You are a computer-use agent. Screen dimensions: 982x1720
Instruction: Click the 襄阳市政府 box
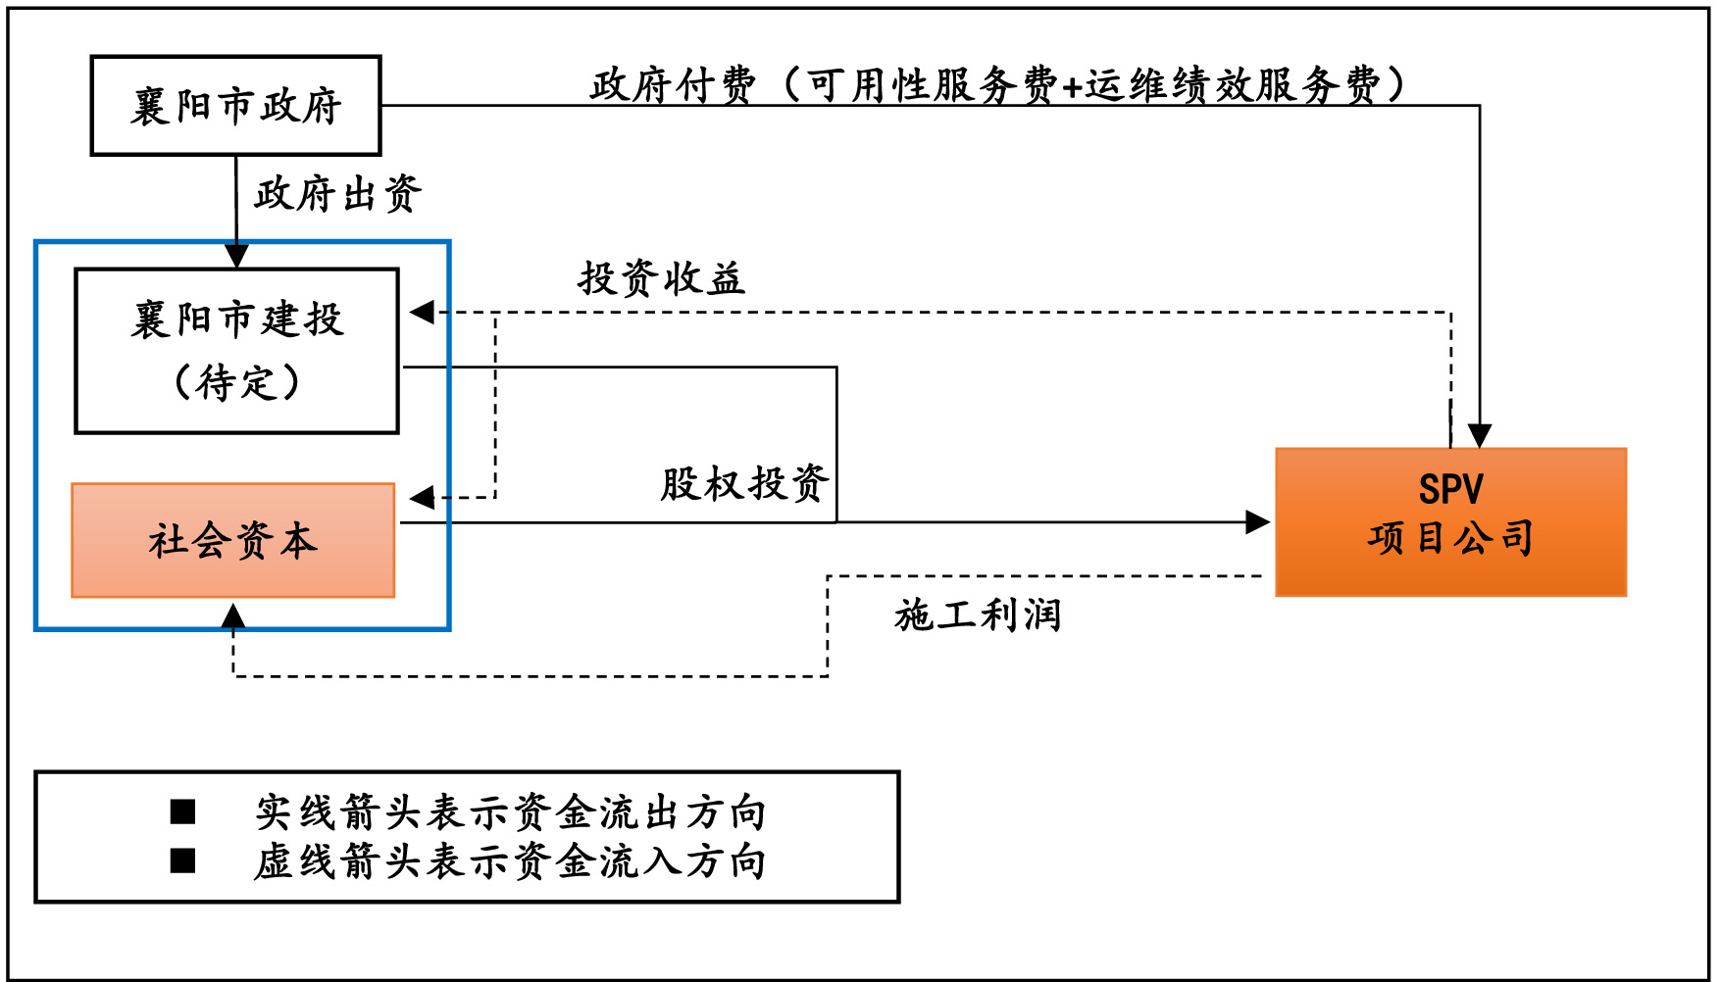235,106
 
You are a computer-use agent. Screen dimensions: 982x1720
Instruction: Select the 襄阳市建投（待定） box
237,350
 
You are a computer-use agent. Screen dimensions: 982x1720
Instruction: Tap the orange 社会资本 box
233,540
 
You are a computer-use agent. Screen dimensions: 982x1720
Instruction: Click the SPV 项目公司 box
1450,522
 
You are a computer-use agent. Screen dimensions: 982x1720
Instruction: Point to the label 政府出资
337,194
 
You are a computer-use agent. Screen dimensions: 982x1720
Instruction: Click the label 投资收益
662,279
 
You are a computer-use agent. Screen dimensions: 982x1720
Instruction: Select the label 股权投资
744,484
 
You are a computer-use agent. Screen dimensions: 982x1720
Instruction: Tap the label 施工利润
978,615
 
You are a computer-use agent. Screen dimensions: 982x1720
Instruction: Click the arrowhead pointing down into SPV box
1479,435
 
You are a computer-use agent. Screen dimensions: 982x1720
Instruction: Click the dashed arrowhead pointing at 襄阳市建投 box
423,313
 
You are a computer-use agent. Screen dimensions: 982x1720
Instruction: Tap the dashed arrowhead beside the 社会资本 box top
423,498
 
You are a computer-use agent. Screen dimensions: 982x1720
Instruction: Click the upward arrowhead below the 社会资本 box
233,616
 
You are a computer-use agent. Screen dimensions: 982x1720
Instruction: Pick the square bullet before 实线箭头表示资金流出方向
182,811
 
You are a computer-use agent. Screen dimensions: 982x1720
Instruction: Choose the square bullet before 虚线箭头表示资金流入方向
182,860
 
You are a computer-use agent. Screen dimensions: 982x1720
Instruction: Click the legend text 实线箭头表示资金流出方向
510,812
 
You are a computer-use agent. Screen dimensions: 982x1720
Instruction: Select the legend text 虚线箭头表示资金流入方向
510,861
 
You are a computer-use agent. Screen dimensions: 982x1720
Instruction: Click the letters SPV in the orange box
1450,489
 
